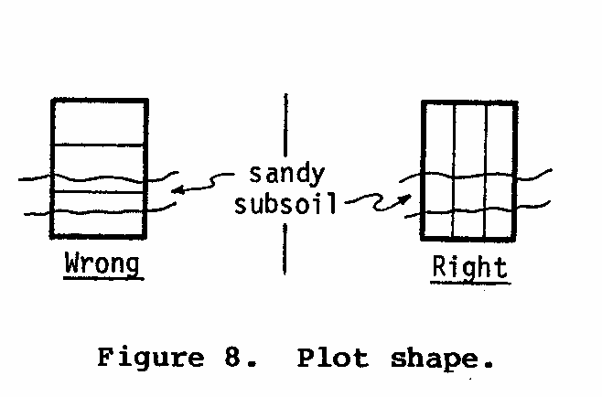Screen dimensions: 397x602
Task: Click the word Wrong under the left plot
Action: (102, 264)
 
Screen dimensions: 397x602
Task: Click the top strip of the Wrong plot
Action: (99, 123)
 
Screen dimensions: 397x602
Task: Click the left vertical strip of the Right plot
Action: (438, 169)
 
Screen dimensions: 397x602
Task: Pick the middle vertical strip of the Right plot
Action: (469, 169)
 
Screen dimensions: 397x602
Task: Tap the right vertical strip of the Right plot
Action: (500, 169)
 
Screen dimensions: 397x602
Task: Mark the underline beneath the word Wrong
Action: (102, 277)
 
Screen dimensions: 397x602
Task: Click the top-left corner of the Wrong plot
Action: (52, 99)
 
